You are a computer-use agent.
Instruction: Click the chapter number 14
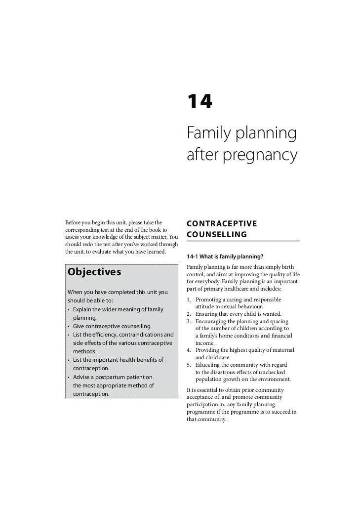(x=200, y=102)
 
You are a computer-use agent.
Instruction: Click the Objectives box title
(x=94, y=272)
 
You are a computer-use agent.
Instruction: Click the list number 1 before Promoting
(x=190, y=300)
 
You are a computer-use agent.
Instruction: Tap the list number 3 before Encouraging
(x=190, y=321)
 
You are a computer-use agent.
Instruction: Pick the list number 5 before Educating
(x=190, y=365)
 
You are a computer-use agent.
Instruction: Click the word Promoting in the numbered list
(x=210, y=300)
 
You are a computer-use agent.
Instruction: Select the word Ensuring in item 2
(x=208, y=314)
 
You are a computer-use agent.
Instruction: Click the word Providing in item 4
(x=208, y=350)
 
